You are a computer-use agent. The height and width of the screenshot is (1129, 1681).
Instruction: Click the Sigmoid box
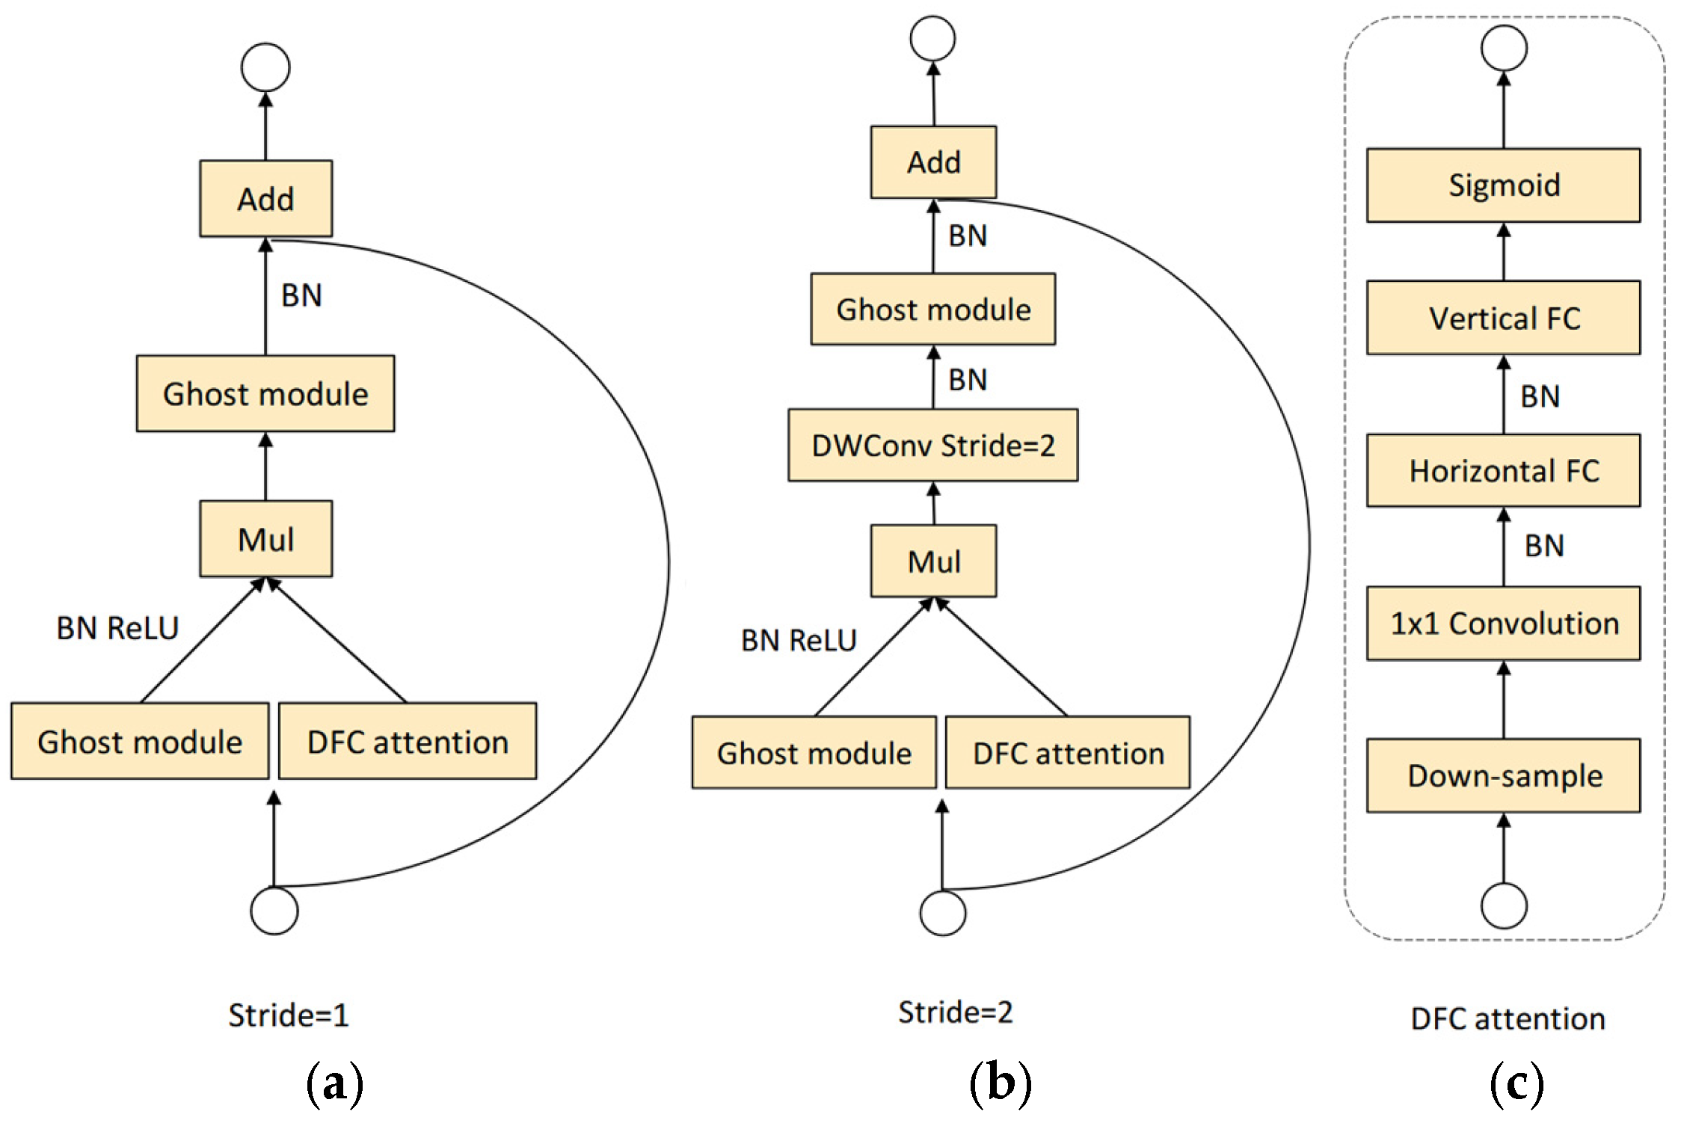(x=1503, y=185)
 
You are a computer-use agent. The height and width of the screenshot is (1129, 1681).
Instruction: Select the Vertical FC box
(x=1503, y=318)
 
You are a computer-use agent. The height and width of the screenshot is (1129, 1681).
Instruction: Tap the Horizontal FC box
(x=1503, y=470)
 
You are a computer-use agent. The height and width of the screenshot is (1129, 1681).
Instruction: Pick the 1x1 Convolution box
(x=1503, y=623)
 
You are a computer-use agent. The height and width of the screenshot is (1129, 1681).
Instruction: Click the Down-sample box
(x=1503, y=775)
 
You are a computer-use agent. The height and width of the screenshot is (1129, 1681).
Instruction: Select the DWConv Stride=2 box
(x=932, y=445)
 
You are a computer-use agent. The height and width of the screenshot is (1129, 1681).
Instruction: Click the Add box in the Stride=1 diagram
(x=265, y=199)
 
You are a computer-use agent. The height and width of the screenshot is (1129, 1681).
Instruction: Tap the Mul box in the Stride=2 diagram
(x=933, y=561)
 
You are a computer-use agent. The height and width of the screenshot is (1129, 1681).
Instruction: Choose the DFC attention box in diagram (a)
(x=408, y=741)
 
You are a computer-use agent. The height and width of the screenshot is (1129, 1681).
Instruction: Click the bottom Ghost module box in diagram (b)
(x=814, y=752)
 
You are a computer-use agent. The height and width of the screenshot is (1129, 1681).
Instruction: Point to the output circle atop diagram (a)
(x=265, y=67)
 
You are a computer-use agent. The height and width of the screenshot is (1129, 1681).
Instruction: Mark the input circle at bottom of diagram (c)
(x=1504, y=905)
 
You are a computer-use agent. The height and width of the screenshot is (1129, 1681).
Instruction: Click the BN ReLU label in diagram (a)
(x=117, y=627)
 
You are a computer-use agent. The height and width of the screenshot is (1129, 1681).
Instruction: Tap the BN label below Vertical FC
(x=1540, y=396)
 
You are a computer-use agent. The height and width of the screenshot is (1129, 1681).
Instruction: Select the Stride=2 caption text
(x=955, y=1012)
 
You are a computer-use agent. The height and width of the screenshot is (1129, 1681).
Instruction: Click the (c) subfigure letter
(x=1516, y=1083)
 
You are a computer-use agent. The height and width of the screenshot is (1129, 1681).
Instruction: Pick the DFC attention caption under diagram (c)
(x=1508, y=1018)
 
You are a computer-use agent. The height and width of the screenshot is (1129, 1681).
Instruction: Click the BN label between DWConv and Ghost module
(x=967, y=380)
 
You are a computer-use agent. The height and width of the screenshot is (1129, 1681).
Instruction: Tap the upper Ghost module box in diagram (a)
(x=265, y=393)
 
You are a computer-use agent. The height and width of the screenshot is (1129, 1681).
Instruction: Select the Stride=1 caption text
(x=288, y=1015)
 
